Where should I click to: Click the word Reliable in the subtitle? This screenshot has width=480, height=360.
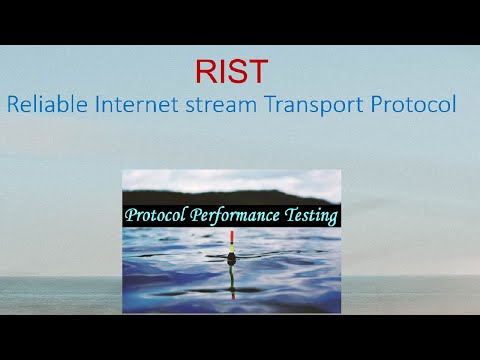pos(43,104)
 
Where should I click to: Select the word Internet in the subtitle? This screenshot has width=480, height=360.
pos(129,104)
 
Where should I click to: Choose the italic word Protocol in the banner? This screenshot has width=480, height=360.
pos(157,215)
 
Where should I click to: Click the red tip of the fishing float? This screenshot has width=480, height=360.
pos(232,238)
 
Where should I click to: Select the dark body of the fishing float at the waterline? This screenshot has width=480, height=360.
pos(232,258)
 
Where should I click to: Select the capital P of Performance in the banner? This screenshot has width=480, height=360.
pos(200,215)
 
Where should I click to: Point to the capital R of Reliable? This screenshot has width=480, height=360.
pos(12,104)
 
